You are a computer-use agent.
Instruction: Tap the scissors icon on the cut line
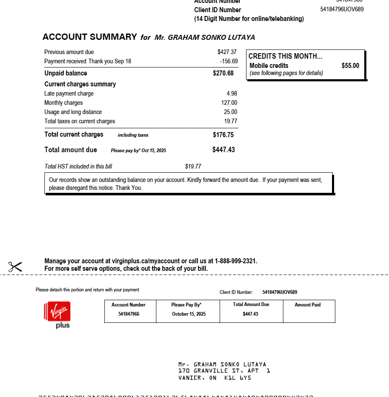(x=15, y=267)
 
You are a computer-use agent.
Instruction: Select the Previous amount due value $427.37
(x=227, y=52)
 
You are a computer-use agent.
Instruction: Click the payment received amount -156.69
(x=229, y=61)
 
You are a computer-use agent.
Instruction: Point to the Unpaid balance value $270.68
(x=223, y=73)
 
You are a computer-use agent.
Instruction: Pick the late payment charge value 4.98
(x=232, y=93)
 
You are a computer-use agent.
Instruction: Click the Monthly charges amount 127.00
(x=229, y=103)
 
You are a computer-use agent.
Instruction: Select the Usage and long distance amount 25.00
(x=231, y=112)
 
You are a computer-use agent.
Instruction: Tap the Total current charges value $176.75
(x=223, y=135)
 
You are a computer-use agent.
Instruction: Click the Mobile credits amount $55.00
(x=350, y=66)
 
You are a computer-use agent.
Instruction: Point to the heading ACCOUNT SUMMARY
(x=90, y=37)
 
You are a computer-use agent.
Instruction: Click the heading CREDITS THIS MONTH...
(x=285, y=56)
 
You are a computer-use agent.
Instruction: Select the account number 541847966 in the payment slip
(x=129, y=314)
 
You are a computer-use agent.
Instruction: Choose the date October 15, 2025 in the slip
(x=189, y=314)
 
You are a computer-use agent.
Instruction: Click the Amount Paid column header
(x=307, y=305)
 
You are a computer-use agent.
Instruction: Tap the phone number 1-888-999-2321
(x=236, y=261)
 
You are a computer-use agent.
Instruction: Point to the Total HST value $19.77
(x=193, y=166)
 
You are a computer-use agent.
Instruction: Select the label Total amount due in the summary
(x=70, y=150)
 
